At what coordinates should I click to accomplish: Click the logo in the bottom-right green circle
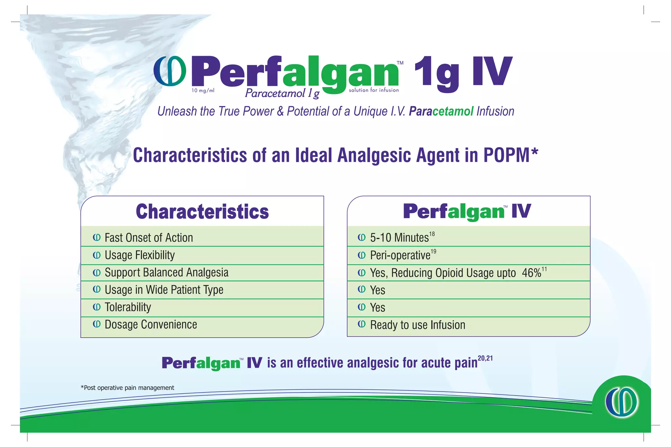(621, 402)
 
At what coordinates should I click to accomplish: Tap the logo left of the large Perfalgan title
(170, 71)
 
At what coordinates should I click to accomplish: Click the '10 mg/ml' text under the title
(203, 91)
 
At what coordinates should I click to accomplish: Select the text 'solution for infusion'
(374, 90)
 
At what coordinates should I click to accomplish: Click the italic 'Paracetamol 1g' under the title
(282, 94)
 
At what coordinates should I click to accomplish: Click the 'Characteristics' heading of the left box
(202, 212)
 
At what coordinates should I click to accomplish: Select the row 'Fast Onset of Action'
(149, 238)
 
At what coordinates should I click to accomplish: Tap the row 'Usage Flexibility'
(140, 255)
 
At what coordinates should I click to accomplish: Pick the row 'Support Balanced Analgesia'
(166, 272)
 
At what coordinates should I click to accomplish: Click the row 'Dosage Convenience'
(151, 325)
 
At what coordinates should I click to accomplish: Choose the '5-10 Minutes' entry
(399, 238)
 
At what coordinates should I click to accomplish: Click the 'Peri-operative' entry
(400, 255)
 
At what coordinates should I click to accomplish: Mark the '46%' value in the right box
(531, 273)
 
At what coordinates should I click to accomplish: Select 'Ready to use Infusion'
(417, 325)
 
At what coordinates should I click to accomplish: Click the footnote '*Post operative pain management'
(127, 388)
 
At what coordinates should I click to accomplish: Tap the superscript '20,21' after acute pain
(485, 358)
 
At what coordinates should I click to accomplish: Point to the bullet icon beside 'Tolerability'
(97, 307)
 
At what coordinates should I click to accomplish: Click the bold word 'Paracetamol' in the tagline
(441, 111)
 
